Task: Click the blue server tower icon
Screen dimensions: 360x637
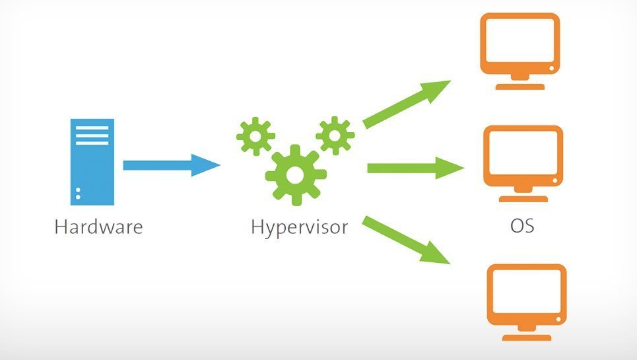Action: pyautogui.click(x=92, y=162)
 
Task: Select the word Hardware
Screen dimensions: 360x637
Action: pyautogui.click(x=98, y=227)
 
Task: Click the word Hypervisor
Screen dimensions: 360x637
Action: pyautogui.click(x=299, y=228)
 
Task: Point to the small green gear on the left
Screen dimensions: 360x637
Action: pyautogui.click(x=255, y=135)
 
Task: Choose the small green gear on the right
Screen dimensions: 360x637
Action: pyautogui.click(x=335, y=135)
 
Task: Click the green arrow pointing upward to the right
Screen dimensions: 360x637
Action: pyautogui.click(x=406, y=104)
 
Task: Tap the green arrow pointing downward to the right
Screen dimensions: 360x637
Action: pyautogui.click(x=406, y=240)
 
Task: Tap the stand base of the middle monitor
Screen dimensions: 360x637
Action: pyautogui.click(x=523, y=198)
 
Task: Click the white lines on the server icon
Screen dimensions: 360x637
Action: pyautogui.click(x=92, y=135)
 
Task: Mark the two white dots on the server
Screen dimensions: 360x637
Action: pyautogui.click(x=78, y=194)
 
